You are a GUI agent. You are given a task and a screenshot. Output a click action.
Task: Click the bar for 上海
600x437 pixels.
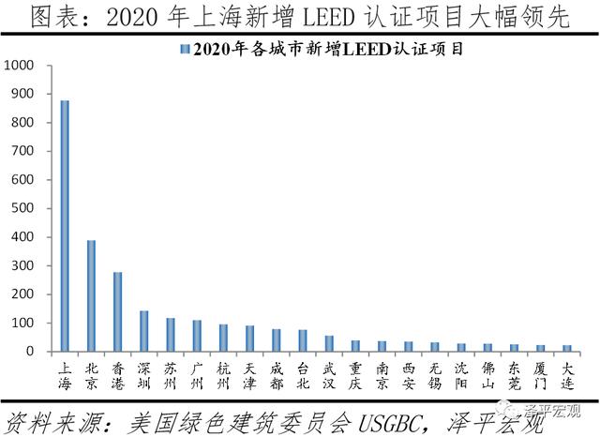point(65,226)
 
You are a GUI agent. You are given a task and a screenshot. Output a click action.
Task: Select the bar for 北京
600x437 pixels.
point(91,295)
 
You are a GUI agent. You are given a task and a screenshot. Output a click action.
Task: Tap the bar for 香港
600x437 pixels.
point(117,311)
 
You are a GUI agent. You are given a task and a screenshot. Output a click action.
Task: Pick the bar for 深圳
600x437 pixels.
point(143,331)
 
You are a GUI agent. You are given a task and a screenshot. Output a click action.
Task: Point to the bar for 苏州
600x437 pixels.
point(170,335)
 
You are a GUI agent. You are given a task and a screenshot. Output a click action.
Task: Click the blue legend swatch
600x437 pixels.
point(186,50)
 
